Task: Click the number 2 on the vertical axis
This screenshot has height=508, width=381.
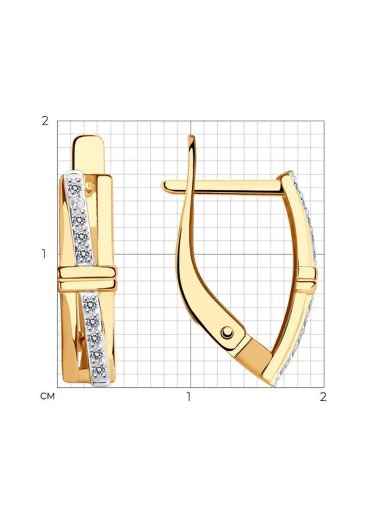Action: (x=45, y=121)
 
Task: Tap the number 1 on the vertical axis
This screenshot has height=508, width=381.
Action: (x=44, y=254)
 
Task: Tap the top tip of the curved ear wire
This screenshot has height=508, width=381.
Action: (x=191, y=135)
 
